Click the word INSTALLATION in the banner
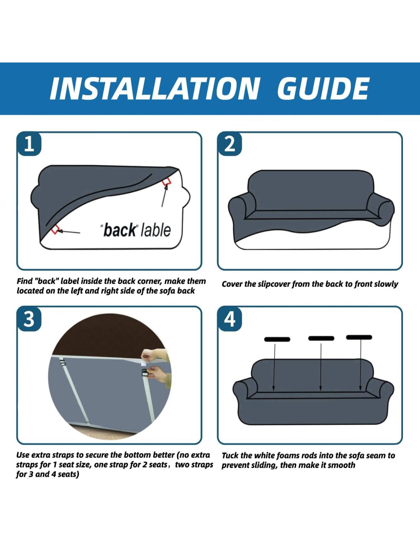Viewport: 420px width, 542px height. click(x=154, y=88)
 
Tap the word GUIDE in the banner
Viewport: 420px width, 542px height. click(x=323, y=88)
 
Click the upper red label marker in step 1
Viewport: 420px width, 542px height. click(x=166, y=181)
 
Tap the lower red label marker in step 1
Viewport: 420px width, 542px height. click(x=55, y=229)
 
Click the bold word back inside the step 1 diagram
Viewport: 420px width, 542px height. click(x=119, y=231)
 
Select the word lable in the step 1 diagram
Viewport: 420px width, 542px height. click(x=156, y=230)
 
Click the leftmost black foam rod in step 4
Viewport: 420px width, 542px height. click(x=277, y=339)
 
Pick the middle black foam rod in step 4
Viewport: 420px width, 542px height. click(x=321, y=338)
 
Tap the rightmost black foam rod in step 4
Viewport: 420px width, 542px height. click(x=359, y=337)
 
